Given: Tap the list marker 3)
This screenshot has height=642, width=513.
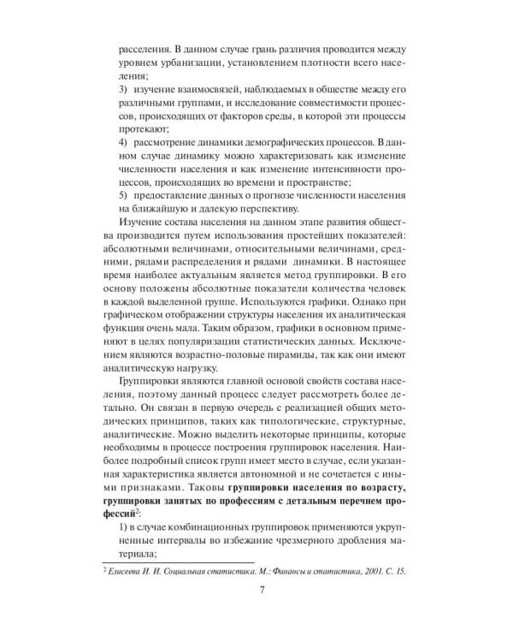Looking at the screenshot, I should pyautogui.click(x=123, y=88).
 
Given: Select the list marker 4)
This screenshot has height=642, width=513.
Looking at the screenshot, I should pyautogui.click(x=123, y=140).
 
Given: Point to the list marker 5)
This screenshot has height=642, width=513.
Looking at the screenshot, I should pyautogui.click(x=123, y=191).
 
